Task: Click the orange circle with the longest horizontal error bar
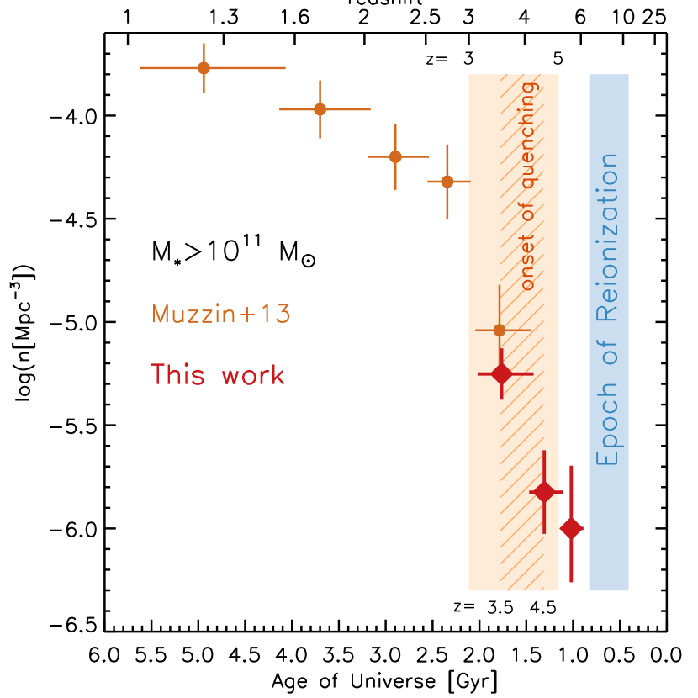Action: click(204, 67)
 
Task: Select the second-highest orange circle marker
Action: click(320, 108)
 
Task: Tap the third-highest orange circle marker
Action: click(395, 156)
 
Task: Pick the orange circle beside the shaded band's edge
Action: click(447, 181)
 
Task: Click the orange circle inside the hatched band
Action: click(500, 330)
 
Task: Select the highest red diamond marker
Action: click(501, 373)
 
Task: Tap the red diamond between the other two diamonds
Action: click(544, 492)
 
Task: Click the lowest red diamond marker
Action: click(571, 528)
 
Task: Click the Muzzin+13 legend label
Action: click(221, 315)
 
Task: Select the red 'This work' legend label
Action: click(218, 375)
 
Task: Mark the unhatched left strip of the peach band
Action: click(484, 210)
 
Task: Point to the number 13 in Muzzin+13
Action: click(275, 315)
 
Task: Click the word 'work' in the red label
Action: click(253, 375)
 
